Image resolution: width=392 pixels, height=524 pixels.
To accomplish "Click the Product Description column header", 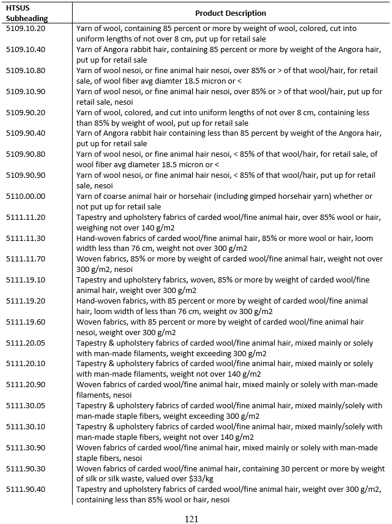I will point(230,13).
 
